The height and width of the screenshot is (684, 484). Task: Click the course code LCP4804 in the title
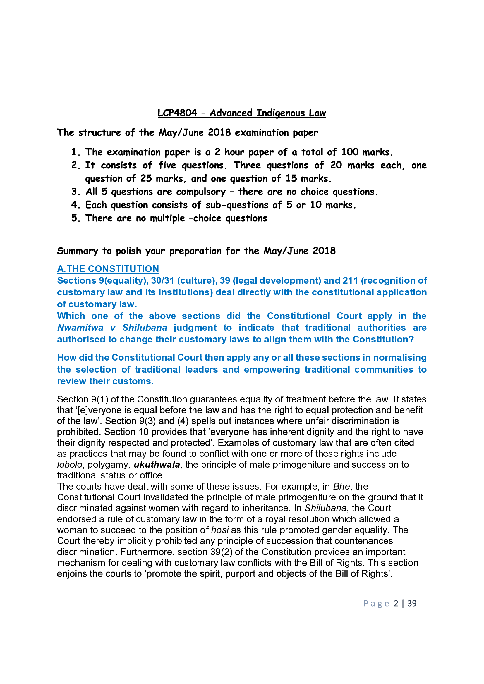[x=177, y=113]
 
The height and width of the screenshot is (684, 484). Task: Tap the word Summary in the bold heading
[x=78, y=251]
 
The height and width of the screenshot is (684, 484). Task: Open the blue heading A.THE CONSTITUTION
[x=108, y=269]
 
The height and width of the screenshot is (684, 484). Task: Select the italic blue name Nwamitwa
[x=80, y=328]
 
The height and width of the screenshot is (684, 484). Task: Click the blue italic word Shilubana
[x=145, y=328]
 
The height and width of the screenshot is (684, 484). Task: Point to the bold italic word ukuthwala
[x=157, y=465]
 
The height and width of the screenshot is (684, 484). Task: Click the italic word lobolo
[x=69, y=465]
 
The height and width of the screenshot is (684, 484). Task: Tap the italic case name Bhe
[x=341, y=487]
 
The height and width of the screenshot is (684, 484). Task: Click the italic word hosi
[x=220, y=530]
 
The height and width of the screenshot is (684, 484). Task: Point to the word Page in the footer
[x=376, y=603]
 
